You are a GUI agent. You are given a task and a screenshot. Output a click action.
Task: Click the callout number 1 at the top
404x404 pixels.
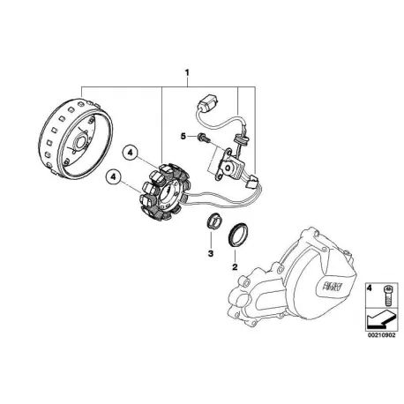click(x=187, y=72)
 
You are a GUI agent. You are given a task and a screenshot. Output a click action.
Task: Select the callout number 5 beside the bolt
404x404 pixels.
click(x=183, y=136)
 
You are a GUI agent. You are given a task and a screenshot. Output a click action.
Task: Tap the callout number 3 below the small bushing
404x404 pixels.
click(x=211, y=253)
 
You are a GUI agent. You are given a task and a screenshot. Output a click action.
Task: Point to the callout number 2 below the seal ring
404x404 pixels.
click(x=235, y=266)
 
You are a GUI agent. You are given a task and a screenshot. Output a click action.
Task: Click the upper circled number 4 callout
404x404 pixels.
click(x=131, y=153)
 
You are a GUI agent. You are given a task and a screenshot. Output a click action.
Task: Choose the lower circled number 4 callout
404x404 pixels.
click(x=114, y=177)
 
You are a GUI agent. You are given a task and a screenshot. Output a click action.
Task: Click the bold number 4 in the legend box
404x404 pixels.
click(x=370, y=288)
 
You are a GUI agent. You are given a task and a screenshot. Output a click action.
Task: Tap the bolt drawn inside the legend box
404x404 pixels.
click(x=387, y=296)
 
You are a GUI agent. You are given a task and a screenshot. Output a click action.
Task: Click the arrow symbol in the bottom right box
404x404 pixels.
click(x=380, y=319)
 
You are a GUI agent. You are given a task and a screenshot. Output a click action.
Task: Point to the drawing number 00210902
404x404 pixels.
click(x=381, y=335)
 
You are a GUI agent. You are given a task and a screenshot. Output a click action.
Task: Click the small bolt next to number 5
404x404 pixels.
click(x=203, y=137)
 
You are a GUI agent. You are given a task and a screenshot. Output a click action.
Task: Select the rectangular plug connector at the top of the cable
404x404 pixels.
click(x=207, y=103)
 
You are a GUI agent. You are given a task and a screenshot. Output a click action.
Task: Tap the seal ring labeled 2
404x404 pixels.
click(x=237, y=234)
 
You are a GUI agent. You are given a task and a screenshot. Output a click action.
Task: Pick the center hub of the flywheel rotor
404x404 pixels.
click(x=80, y=142)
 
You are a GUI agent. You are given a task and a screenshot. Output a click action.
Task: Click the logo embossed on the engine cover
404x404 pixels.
click(x=329, y=286)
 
